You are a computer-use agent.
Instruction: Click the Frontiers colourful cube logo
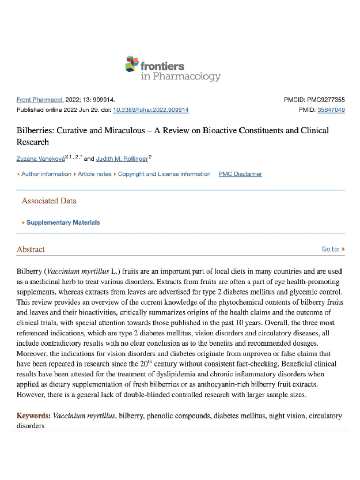point(131,63)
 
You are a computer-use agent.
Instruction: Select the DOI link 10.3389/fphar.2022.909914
point(151,109)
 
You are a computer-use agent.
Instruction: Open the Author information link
point(46,174)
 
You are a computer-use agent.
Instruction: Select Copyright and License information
point(164,174)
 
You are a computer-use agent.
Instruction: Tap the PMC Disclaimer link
point(240,174)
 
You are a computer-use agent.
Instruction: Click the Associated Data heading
point(49,201)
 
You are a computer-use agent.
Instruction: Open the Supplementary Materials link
point(63,222)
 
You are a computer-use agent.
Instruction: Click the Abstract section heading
point(31,250)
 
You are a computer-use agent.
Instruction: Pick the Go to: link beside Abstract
point(333,250)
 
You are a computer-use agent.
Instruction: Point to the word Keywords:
point(34,415)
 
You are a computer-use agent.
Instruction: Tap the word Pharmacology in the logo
point(180,76)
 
